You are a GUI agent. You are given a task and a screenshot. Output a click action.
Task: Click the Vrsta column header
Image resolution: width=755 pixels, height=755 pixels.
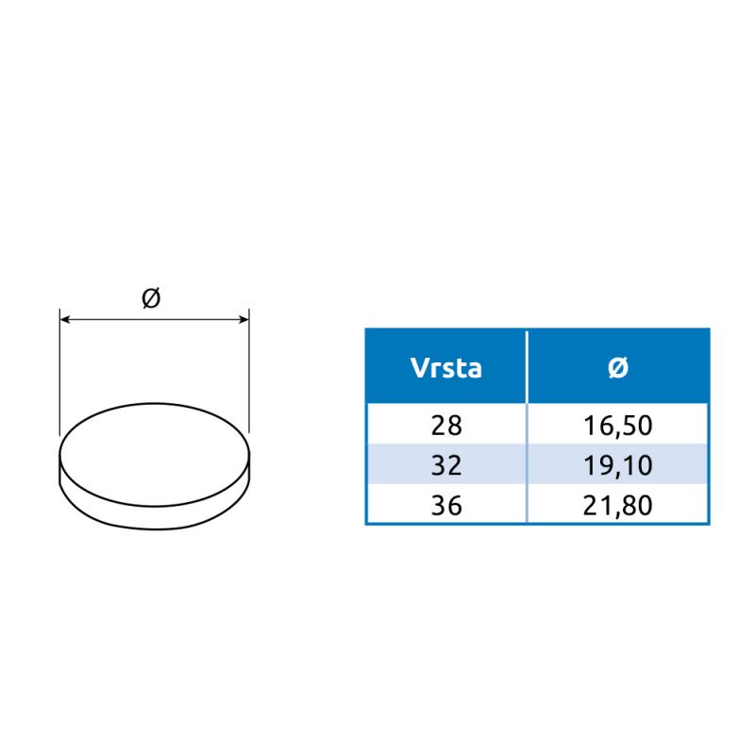click(x=445, y=368)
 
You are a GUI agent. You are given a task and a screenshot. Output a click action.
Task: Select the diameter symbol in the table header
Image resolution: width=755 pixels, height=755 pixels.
click(x=618, y=368)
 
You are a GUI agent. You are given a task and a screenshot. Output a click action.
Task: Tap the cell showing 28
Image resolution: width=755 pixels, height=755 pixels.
click(x=446, y=426)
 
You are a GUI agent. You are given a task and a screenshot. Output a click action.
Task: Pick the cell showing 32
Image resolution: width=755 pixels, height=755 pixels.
click(x=446, y=465)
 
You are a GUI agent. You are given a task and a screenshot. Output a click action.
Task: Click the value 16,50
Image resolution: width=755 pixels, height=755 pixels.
click(x=618, y=427)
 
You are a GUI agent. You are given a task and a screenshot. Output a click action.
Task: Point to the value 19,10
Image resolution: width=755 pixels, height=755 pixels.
click(x=618, y=466)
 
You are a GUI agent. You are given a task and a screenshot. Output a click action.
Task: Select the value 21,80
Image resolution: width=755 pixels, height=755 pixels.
click(x=618, y=506)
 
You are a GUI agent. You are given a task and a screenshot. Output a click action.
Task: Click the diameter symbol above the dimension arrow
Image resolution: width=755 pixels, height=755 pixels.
click(x=151, y=298)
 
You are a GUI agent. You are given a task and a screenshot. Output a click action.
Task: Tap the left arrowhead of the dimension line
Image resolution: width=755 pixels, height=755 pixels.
click(x=65, y=319)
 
